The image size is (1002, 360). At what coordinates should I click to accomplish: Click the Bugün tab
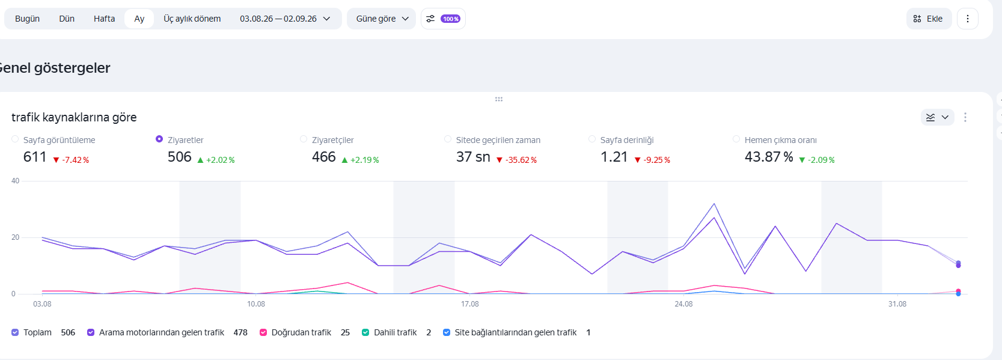coord(27,19)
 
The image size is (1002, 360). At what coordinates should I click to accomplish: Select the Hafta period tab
coord(104,19)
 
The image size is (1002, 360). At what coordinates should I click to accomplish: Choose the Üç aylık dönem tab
coord(192,19)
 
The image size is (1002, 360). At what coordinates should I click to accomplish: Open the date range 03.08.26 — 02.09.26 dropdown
coord(285,19)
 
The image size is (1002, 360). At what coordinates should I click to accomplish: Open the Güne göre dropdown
coord(382,19)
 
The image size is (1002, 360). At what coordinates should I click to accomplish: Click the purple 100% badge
coord(450,19)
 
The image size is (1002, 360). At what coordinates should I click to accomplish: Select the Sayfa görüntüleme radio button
coord(15,139)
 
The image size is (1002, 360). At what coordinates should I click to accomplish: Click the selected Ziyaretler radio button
coord(159,139)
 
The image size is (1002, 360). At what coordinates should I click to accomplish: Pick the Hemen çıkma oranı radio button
coord(736,139)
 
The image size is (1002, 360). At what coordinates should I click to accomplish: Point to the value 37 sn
coord(473,157)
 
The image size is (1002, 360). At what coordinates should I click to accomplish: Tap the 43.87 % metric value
coord(769,157)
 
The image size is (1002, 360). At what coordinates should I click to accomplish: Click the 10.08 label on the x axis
coord(256,304)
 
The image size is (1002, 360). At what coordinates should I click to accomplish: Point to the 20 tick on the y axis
coord(16,237)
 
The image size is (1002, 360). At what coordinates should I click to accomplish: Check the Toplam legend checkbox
coord(15,333)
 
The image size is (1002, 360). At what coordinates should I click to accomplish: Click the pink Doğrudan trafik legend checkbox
coord(263,333)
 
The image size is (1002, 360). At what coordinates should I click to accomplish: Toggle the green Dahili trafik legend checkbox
coord(365,333)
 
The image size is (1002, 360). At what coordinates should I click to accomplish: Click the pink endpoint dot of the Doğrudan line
coord(958,291)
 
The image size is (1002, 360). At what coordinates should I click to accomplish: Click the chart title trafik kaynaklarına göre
coord(75,117)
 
